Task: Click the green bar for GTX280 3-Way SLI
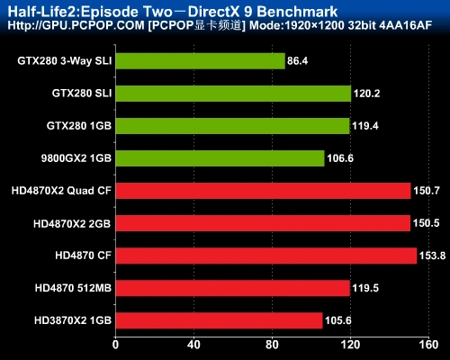click(x=200, y=61)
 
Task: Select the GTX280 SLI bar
click(x=233, y=94)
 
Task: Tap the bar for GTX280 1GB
click(x=232, y=126)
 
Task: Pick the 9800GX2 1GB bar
click(x=220, y=158)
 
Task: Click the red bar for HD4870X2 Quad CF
click(x=263, y=191)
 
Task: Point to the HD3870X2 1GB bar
click(x=219, y=319)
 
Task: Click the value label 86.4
click(x=298, y=61)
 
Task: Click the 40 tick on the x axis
click(x=193, y=345)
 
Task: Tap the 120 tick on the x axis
click(x=350, y=345)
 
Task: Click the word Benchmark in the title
click(x=299, y=12)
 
